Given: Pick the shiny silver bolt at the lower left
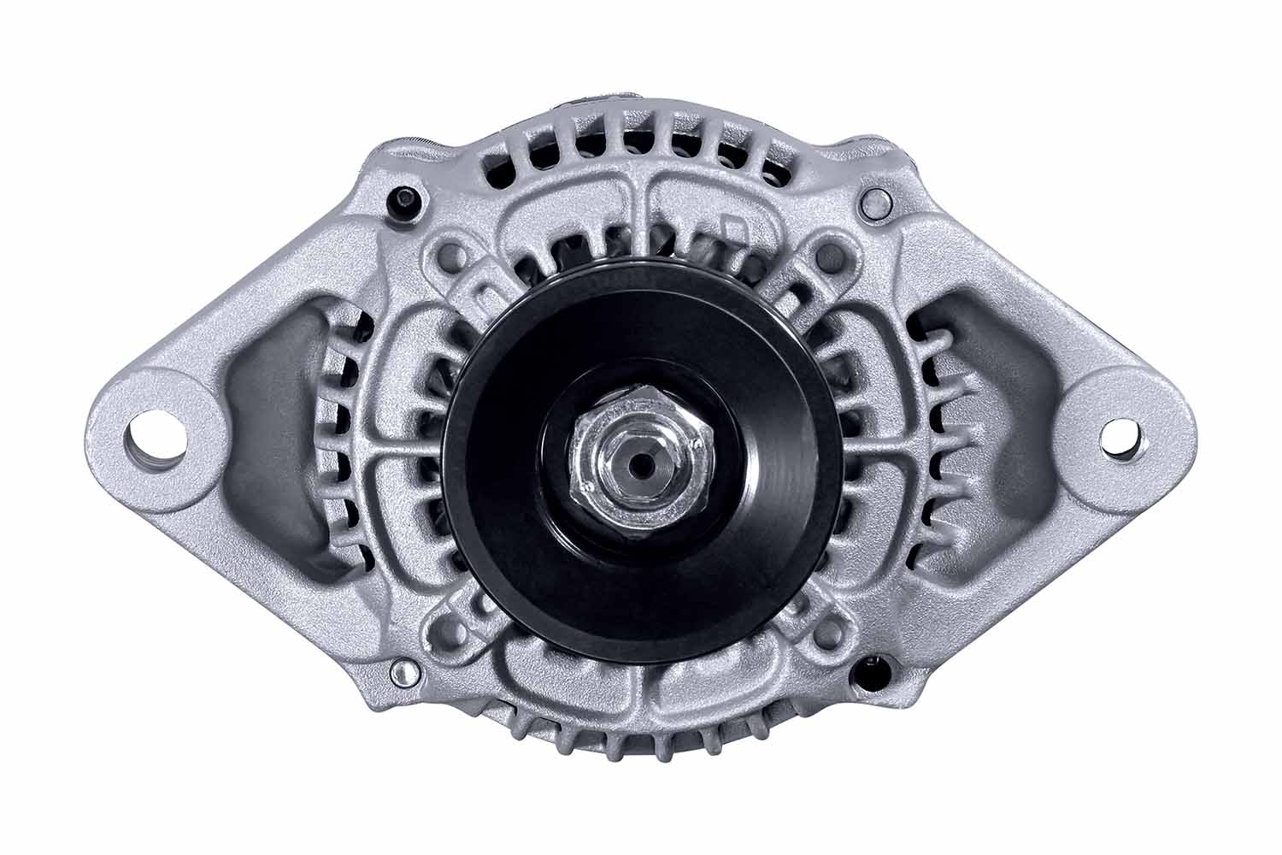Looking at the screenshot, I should [x=399, y=675].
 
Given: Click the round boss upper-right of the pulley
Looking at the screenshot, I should [x=827, y=254].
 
